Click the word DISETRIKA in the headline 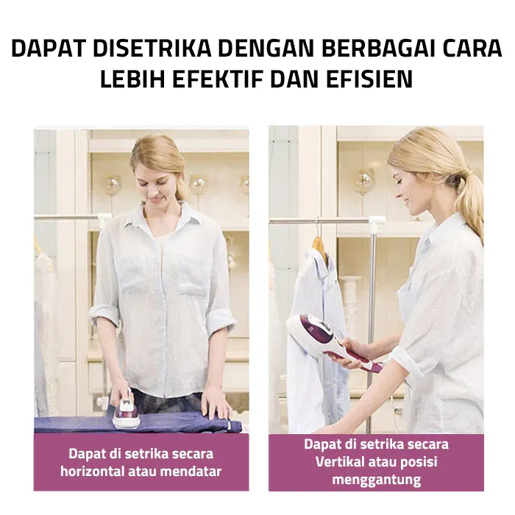[x=152, y=49]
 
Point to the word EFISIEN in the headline [x=369, y=79]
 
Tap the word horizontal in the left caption [x=92, y=472]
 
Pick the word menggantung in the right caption [x=377, y=480]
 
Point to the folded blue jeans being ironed [x=138, y=425]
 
